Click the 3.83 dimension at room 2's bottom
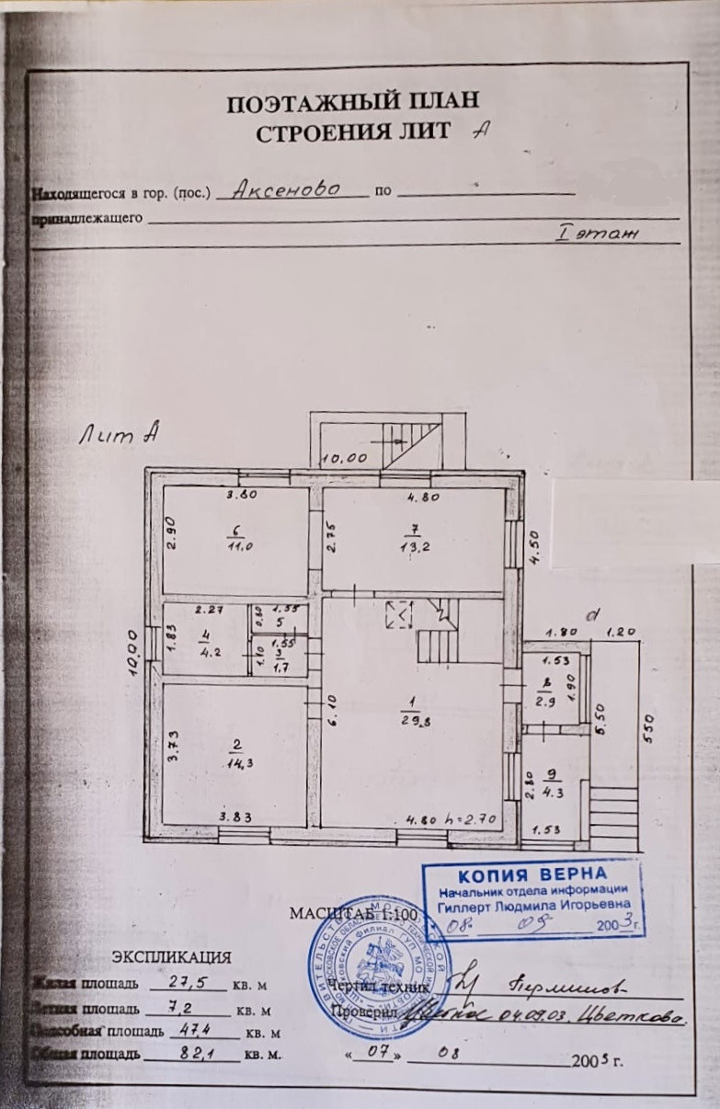click(x=236, y=817)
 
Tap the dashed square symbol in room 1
click(x=400, y=614)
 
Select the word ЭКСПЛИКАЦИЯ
click(x=172, y=957)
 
